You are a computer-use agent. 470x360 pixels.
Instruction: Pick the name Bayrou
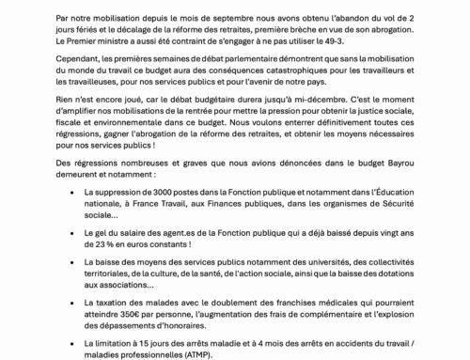[x=384, y=163]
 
